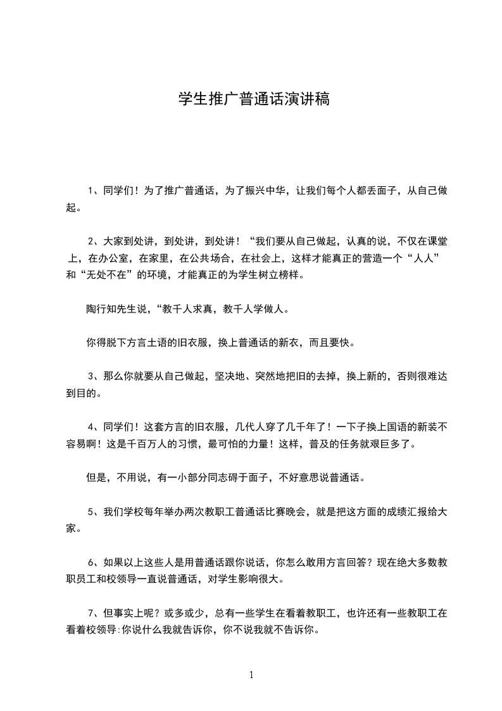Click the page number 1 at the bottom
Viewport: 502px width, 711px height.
(251, 675)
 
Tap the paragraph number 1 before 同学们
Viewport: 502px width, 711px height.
(90, 189)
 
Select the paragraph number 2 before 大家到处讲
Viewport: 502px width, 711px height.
(91, 241)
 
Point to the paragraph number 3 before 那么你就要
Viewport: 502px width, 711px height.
(91, 376)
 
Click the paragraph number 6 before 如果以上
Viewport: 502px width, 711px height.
(91, 562)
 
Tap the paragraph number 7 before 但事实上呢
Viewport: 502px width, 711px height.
(91, 613)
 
